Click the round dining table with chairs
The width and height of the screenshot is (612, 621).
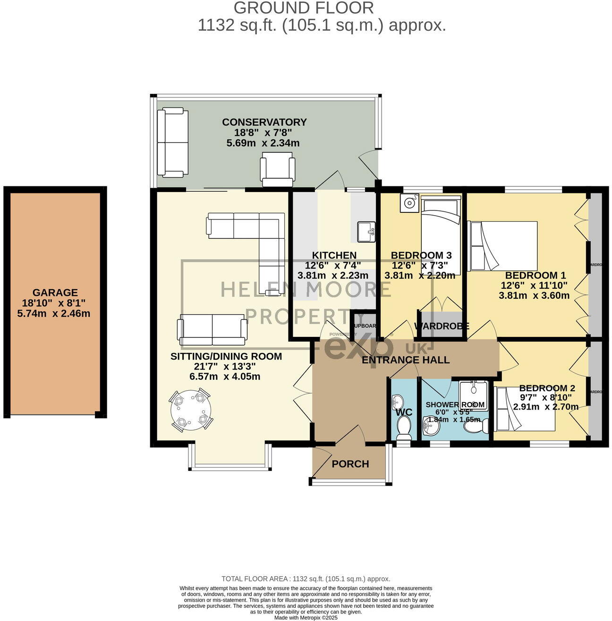point(191,410)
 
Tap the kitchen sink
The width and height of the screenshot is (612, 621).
point(366,231)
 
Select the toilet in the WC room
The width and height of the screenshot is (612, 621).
point(404,428)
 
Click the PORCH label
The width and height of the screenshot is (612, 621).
point(350,464)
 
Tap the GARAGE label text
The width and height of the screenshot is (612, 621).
point(55,293)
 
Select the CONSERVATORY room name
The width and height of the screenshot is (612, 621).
point(264,122)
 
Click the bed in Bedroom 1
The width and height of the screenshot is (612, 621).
point(502,246)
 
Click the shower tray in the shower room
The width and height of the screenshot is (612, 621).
point(474,394)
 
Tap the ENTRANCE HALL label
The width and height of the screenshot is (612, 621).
point(405,360)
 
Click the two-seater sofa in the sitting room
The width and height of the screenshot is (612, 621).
point(212,330)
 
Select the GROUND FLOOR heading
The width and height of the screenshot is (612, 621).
point(304,8)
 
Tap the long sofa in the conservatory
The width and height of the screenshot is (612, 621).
point(173,143)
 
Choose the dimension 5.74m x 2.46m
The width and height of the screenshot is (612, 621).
point(54,313)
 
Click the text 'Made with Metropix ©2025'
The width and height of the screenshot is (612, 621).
point(306,617)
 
